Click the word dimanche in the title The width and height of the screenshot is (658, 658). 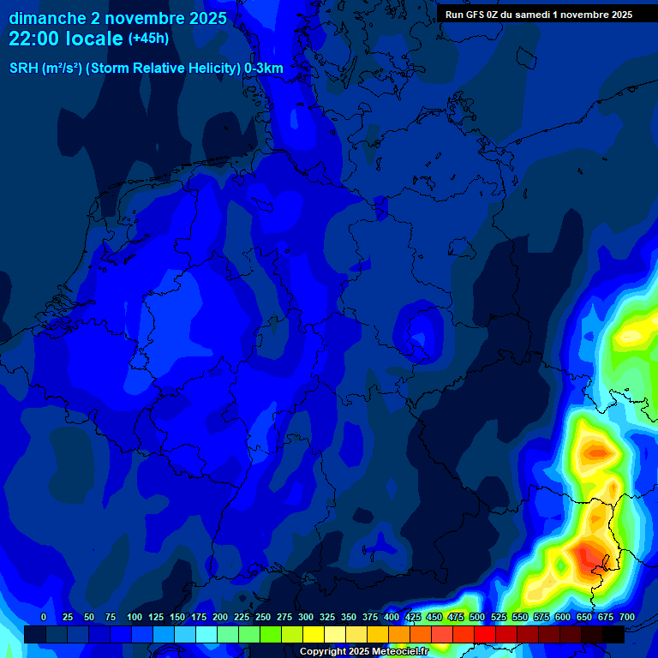47,18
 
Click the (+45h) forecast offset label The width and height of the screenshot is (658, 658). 148,39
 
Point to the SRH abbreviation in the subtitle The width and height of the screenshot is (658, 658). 24,69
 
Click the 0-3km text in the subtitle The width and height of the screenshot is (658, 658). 264,69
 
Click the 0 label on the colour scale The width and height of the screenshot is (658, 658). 44,617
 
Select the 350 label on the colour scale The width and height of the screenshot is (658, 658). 349,617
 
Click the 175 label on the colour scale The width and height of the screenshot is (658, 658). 199,617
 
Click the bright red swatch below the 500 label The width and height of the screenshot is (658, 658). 484,634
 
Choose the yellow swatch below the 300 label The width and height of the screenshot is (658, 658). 313,634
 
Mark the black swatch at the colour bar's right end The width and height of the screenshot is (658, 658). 613,634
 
